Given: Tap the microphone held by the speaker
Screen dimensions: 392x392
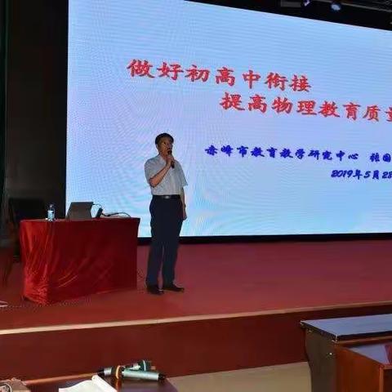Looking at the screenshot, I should (171, 158).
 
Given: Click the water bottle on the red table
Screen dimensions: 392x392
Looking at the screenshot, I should (51, 212).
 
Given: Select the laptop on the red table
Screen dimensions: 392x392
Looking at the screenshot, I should (80, 210).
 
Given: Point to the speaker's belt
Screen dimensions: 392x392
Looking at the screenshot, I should (166, 197).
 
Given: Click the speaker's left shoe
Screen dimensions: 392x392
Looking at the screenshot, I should (173, 287).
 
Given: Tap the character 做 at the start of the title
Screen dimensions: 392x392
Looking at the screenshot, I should (140, 69).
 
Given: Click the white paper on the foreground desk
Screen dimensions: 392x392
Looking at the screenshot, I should (90, 384).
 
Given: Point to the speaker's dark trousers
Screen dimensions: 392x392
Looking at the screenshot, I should (166, 241).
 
